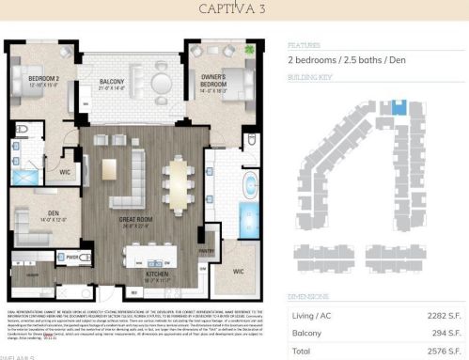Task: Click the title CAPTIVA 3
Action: [234, 9]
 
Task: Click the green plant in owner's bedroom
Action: [249, 49]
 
